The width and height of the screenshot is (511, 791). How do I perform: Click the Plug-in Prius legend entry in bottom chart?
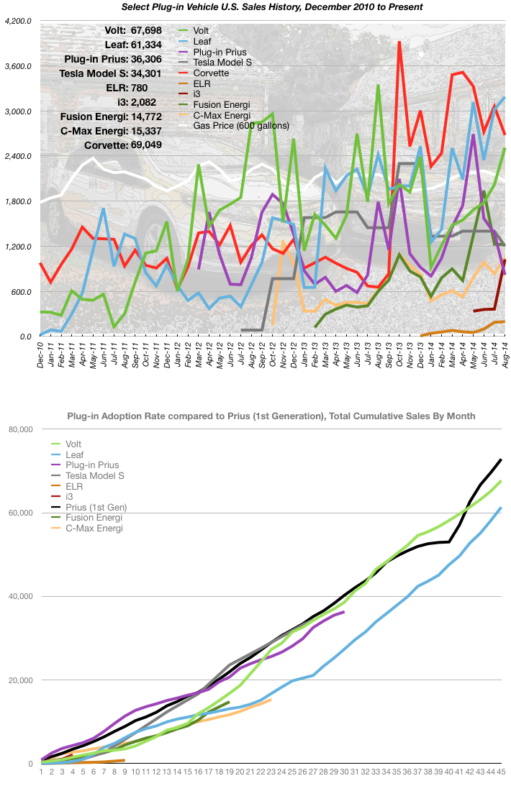coord(92,465)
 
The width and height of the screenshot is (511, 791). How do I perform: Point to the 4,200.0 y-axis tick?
coord(17,22)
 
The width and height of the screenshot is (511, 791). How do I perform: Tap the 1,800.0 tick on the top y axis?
coord(17,202)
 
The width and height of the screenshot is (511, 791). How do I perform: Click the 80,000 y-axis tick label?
coord(20,430)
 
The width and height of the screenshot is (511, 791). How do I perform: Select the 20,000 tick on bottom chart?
coord(20,680)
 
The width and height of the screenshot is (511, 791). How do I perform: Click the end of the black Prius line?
coord(501,459)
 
